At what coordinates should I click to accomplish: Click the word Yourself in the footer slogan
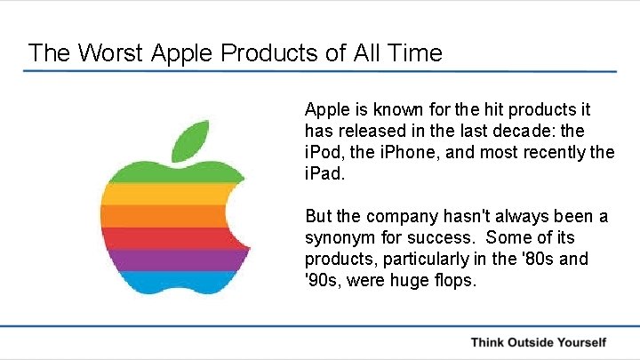581,342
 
